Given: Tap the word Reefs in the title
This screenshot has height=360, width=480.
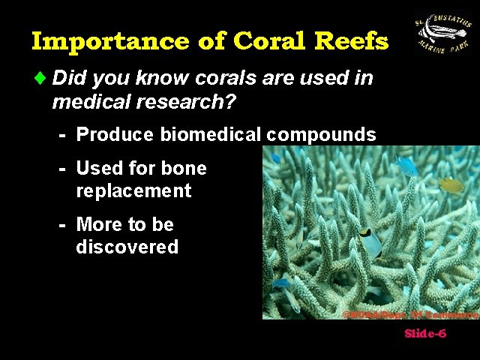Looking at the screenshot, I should pos(355,40).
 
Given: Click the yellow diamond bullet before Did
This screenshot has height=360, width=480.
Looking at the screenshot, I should pos(40,78).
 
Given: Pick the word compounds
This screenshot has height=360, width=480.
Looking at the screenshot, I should pos(321,135).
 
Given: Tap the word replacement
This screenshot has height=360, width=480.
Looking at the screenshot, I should pos(133,190).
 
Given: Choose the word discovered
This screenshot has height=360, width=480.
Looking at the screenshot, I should pos(127,247).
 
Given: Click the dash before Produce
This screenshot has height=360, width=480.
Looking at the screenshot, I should pos(64,135).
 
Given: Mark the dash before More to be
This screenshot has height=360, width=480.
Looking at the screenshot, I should pos(64,224).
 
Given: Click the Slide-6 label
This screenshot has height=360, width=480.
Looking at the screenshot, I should pos(425,334).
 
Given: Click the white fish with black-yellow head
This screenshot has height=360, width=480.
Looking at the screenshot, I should pos(369,242).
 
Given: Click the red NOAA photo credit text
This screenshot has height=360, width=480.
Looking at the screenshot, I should pos(409,314).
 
